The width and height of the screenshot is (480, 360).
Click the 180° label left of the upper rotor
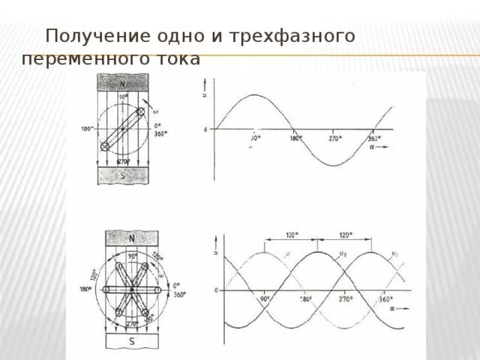(86, 128)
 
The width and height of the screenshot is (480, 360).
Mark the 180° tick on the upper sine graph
(295, 138)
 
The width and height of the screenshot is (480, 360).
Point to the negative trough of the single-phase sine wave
(334, 164)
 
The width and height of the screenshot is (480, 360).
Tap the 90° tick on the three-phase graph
(265, 298)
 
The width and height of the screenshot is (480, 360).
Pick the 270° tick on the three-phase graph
(344, 298)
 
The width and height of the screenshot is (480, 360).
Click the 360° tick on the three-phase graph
(385, 298)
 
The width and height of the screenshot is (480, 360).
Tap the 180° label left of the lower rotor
(87, 289)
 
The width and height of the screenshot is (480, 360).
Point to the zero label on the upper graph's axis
(206, 130)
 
